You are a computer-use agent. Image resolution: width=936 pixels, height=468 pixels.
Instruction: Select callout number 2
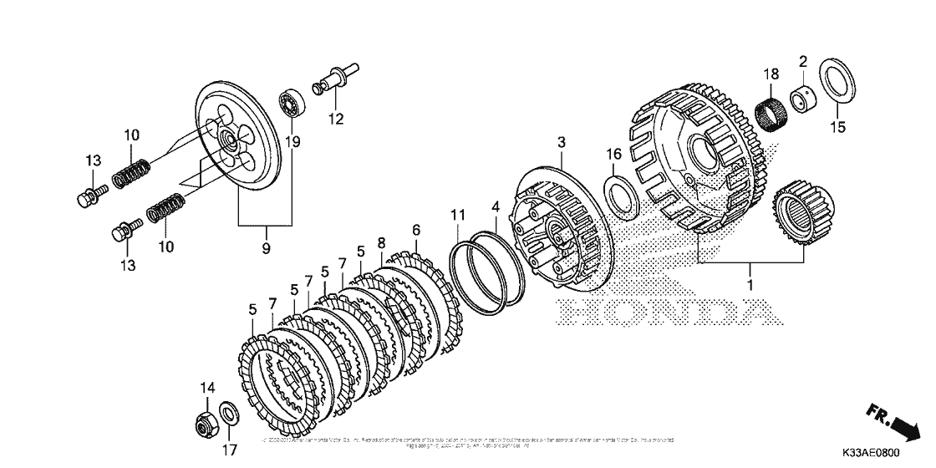pos(803,61)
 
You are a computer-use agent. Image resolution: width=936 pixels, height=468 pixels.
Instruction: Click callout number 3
pos(562,143)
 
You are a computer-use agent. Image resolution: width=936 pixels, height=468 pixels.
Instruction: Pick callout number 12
pos(335,119)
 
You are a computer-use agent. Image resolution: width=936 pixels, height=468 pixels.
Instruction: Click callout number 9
pos(265,248)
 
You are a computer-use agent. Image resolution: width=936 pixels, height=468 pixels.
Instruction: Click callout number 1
pos(750,286)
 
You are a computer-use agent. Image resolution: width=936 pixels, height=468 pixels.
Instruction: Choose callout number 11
pos(457,216)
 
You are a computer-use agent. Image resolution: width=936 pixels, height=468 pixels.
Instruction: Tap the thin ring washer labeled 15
pos(836,82)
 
